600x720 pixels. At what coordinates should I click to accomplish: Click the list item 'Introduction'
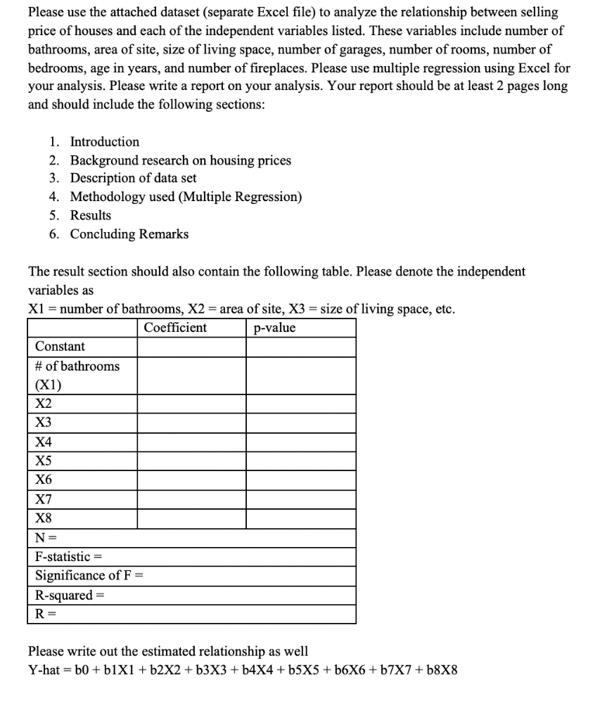104,141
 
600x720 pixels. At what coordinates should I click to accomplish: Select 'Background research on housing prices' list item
180,160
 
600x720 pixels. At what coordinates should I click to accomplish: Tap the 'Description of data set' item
133,179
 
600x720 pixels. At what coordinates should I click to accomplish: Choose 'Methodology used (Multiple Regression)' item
186,197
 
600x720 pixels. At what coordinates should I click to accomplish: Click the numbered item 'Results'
90,215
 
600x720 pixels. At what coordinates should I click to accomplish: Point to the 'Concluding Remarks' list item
129,234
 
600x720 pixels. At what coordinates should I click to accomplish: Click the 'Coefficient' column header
175,328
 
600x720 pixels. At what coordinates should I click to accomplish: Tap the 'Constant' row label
60,347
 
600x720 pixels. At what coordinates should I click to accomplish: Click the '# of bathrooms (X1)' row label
77,375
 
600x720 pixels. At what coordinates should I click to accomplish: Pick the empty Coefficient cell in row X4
191,442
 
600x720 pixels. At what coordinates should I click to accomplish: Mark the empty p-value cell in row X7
300,500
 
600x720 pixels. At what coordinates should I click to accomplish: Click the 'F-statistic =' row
69,557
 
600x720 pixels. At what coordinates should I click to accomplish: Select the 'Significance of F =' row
89,576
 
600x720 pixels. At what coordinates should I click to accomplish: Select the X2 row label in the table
44,404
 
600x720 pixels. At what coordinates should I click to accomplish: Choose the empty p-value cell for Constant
300,347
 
